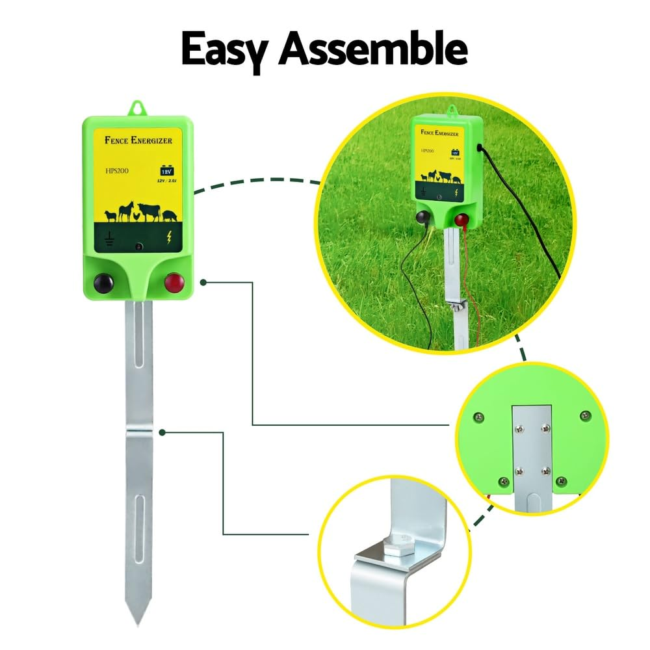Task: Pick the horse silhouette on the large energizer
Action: pos(125,211)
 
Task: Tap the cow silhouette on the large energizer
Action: pos(148,211)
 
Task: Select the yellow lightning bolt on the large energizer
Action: pos(169,238)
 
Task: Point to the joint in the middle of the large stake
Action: pos(138,430)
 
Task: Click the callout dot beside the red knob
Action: pos(203,282)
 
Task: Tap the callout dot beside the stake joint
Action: pos(162,431)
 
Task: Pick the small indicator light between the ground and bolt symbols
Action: pos(138,246)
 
